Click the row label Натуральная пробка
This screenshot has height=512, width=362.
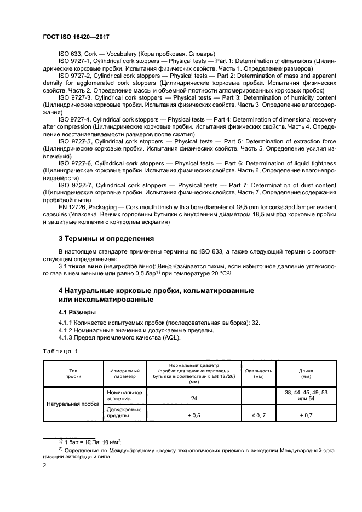click(x=73, y=404)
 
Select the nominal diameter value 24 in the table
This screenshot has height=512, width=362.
click(x=194, y=398)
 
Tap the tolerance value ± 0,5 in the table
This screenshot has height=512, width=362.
click(x=194, y=416)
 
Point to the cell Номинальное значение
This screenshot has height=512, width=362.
click(x=125, y=395)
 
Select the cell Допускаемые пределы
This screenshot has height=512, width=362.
click(x=123, y=412)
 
